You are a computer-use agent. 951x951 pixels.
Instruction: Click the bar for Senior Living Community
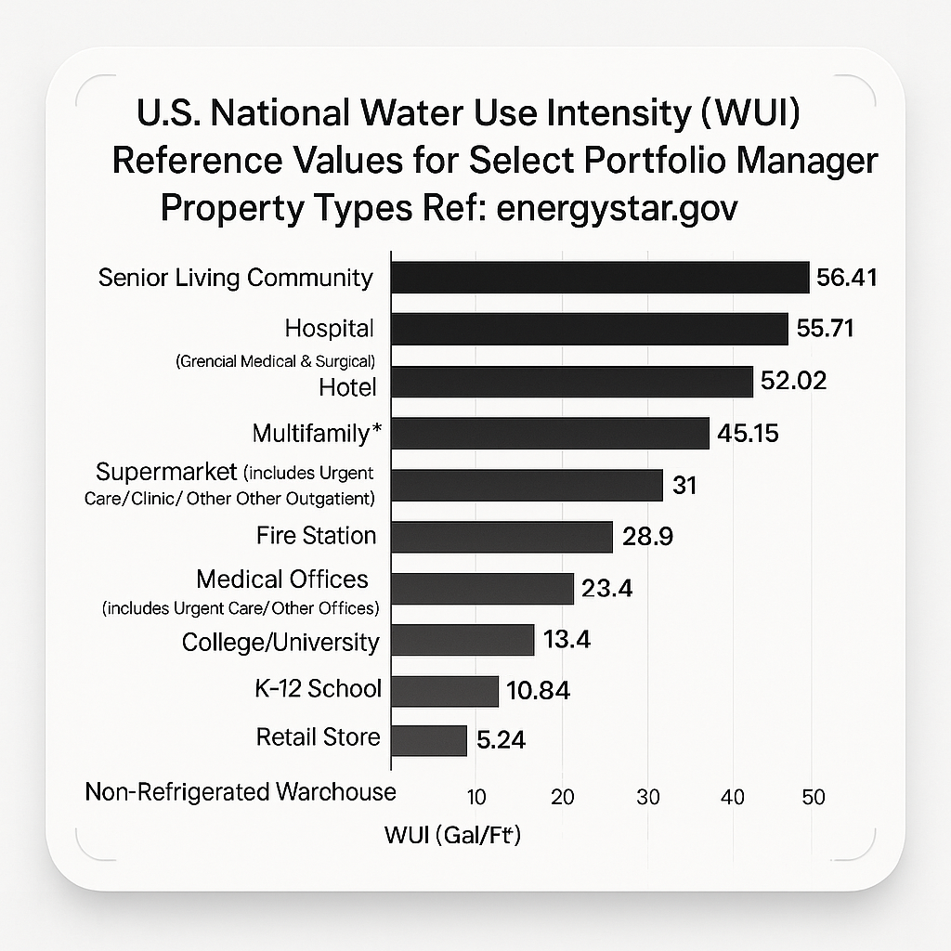[x=600, y=278]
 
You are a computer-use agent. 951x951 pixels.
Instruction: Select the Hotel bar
[x=571, y=382]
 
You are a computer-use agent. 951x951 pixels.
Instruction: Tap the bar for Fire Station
[x=502, y=537]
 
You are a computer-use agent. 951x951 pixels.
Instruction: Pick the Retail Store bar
[x=429, y=740]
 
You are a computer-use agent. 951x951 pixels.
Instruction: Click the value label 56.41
[x=846, y=278]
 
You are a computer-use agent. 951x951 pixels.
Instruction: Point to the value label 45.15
[x=748, y=433]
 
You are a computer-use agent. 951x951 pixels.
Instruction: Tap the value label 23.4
[x=606, y=588]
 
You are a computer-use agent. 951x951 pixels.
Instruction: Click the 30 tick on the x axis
[x=647, y=797]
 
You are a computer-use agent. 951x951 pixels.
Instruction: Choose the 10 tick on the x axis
[x=475, y=797]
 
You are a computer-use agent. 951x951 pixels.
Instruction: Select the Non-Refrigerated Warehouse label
[x=241, y=792]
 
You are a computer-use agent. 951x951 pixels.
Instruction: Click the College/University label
[x=280, y=642]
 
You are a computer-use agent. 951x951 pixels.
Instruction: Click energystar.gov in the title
[x=618, y=208]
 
